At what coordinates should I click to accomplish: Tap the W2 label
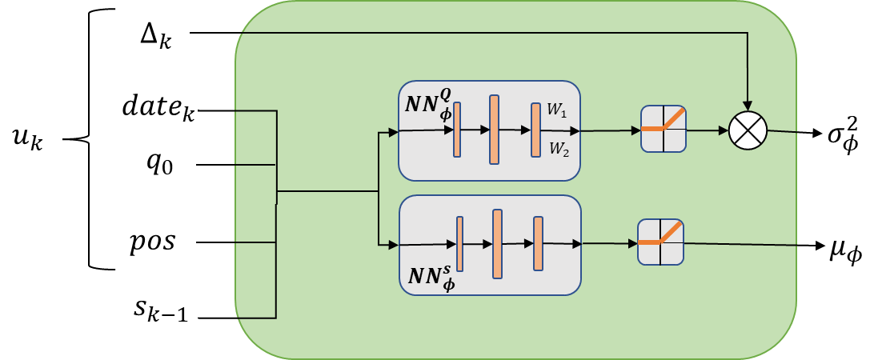click(x=558, y=148)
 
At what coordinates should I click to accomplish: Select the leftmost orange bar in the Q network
click(x=457, y=130)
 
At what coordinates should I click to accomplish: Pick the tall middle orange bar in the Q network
click(x=494, y=130)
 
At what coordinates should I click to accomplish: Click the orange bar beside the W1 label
click(x=535, y=130)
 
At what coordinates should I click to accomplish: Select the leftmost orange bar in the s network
click(x=460, y=244)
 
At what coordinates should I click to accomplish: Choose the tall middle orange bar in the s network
click(x=497, y=244)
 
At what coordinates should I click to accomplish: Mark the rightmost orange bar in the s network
click(x=538, y=244)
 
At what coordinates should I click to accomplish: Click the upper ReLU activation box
click(x=664, y=129)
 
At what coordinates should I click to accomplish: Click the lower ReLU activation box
click(x=660, y=242)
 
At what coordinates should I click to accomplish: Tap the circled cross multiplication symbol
click(x=748, y=130)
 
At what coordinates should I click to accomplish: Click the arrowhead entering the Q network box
click(x=394, y=133)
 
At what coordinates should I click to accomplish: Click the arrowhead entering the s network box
click(x=394, y=244)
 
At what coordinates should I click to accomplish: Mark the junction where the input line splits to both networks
click(x=378, y=191)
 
